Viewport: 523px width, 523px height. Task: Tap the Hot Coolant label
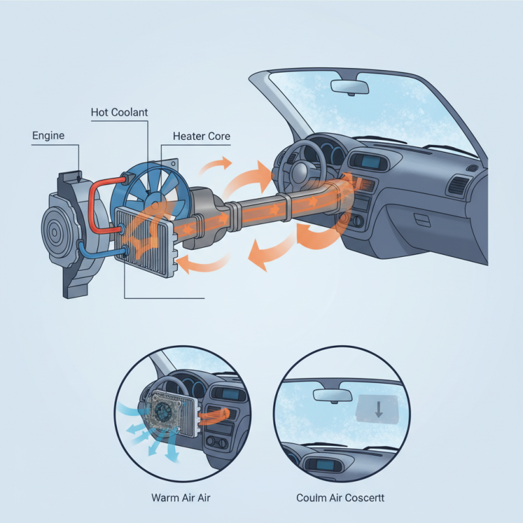pyautogui.click(x=119, y=112)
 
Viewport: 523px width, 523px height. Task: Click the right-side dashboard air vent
pyautogui.click(x=457, y=185)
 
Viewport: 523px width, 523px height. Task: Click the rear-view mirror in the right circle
pyautogui.click(x=332, y=395)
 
